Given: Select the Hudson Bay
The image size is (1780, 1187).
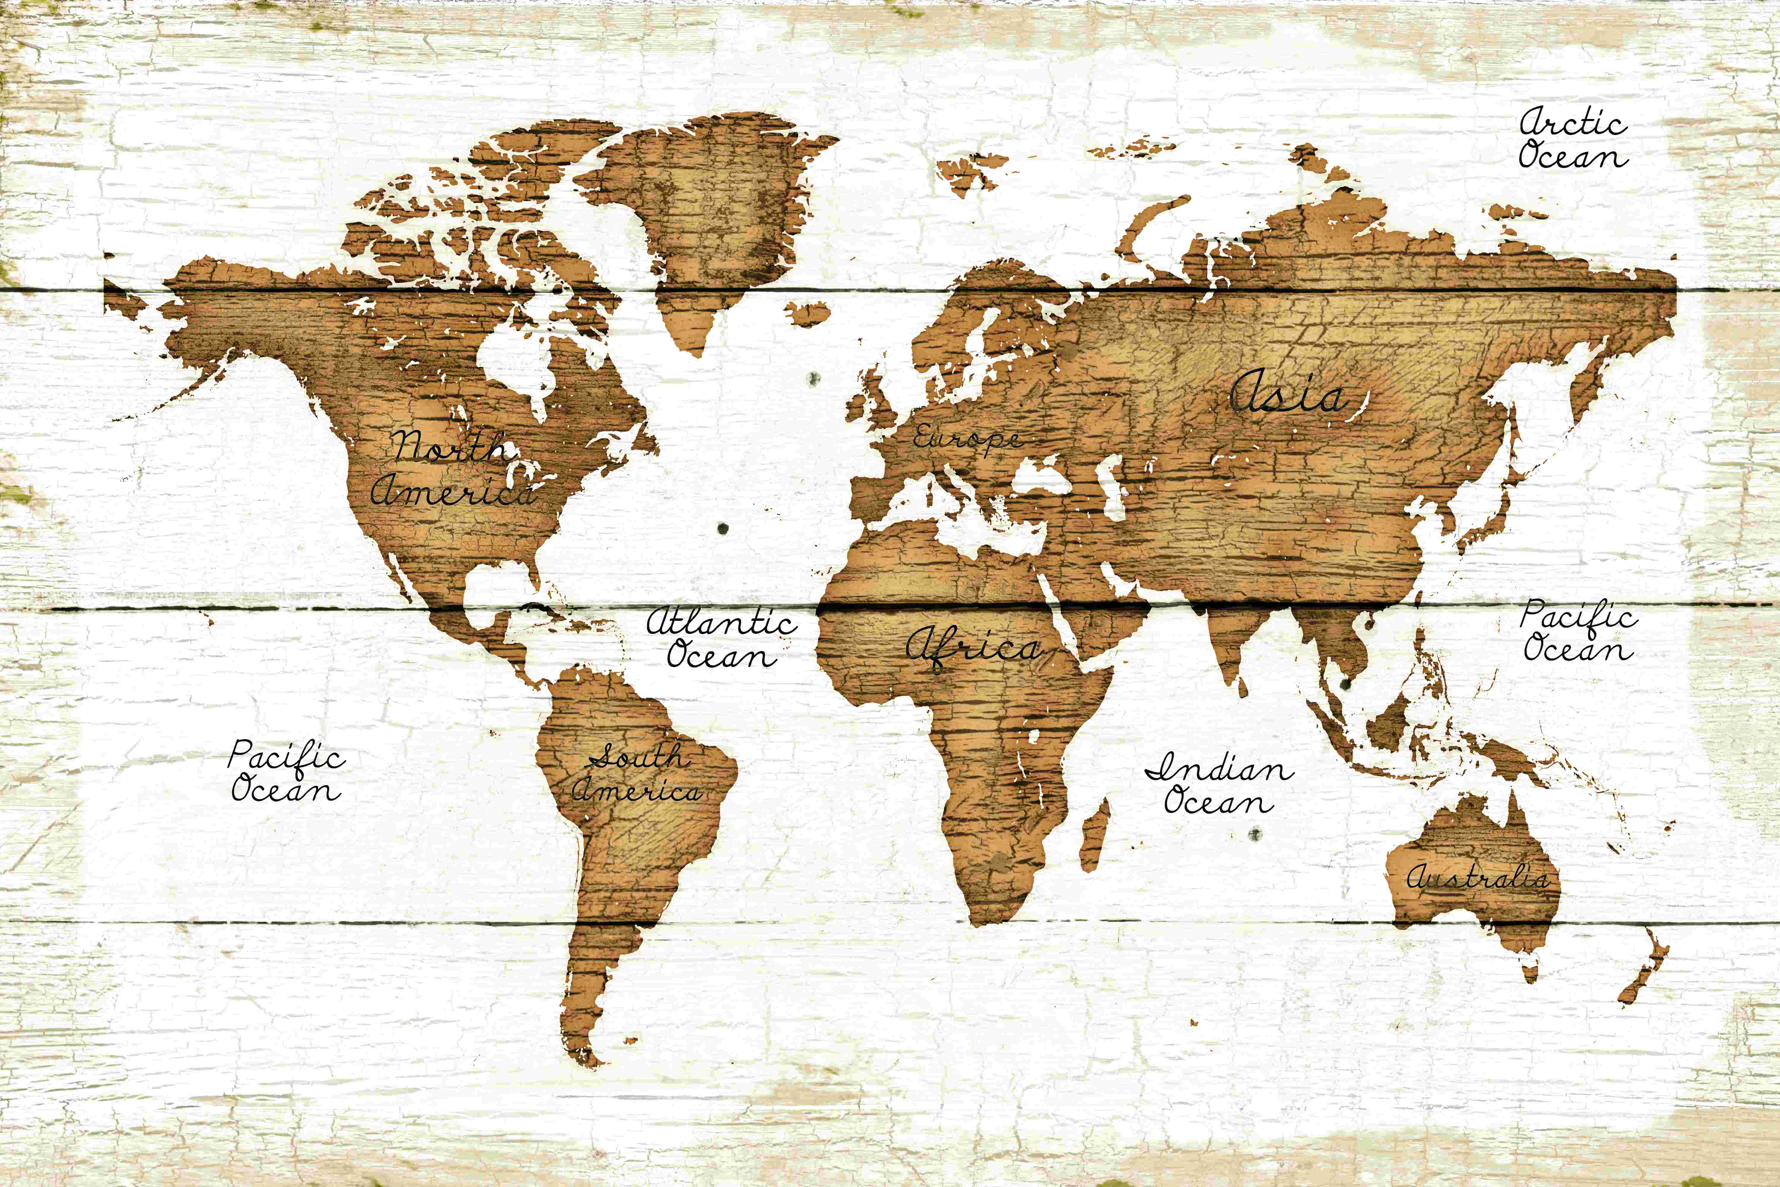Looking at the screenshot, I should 515,363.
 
